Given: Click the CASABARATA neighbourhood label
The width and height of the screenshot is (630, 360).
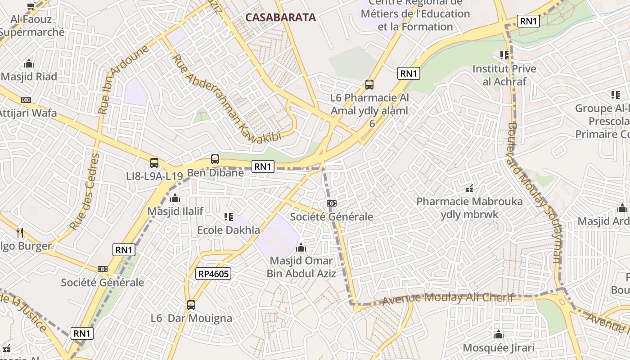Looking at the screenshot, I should pyautogui.click(x=280, y=18).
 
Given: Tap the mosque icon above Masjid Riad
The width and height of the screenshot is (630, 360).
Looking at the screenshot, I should pyautogui.click(x=29, y=63).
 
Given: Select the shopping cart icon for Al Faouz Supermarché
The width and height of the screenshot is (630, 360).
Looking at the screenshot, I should pyautogui.click(x=31, y=6).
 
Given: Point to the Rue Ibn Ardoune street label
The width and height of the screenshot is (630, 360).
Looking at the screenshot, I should pyautogui.click(x=123, y=80).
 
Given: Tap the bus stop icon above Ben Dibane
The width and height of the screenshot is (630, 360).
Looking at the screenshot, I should pyautogui.click(x=215, y=159).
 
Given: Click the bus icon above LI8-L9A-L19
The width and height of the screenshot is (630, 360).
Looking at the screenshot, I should pyautogui.click(x=154, y=162).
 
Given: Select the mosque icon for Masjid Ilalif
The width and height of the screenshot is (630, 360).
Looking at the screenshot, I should pyautogui.click(x=175, y=198).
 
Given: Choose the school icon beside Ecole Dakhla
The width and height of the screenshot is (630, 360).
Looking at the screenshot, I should pyautogui.click(x=229, y=217).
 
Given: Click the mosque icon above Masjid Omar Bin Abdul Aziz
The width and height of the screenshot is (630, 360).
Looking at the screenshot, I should pyautogui.click(x=301, y=247).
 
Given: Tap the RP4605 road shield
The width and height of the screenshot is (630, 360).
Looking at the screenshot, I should pyautogui.click(x=213, y=274).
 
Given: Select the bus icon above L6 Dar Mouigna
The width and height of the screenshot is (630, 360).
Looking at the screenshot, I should pyautogui.click(x=191, y=305).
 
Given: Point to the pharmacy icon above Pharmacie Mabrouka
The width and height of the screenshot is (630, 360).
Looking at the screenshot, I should pyautogui.click(x=469, y=188).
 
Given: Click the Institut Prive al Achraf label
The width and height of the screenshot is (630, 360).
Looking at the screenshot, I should pyautogui.click(x=504, y=75).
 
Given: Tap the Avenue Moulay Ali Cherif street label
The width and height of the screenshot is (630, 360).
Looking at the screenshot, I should pyautogui.click(x=448, y=298).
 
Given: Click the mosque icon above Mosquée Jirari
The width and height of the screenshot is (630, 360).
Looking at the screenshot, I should pyautogui.click(x=498, y=335).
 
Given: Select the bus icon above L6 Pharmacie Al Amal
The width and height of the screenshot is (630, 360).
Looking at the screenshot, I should pyautogui.click(x=369, y=84).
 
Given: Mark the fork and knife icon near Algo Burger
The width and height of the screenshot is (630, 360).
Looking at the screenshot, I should pyautogui.click(x=19, y=232).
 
